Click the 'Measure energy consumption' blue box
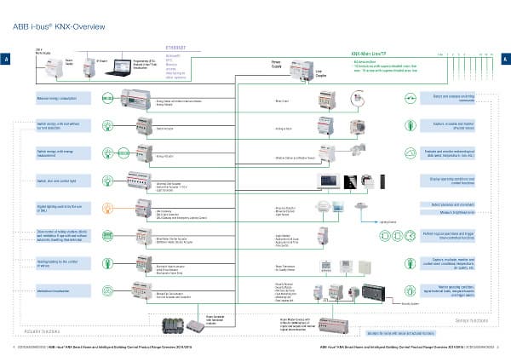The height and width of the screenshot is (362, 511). coord(62,100)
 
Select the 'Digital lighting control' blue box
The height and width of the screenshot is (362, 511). coord(62,207)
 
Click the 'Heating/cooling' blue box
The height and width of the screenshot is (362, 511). coord(62,262)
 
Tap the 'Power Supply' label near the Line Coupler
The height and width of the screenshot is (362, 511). coord(278,65)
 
